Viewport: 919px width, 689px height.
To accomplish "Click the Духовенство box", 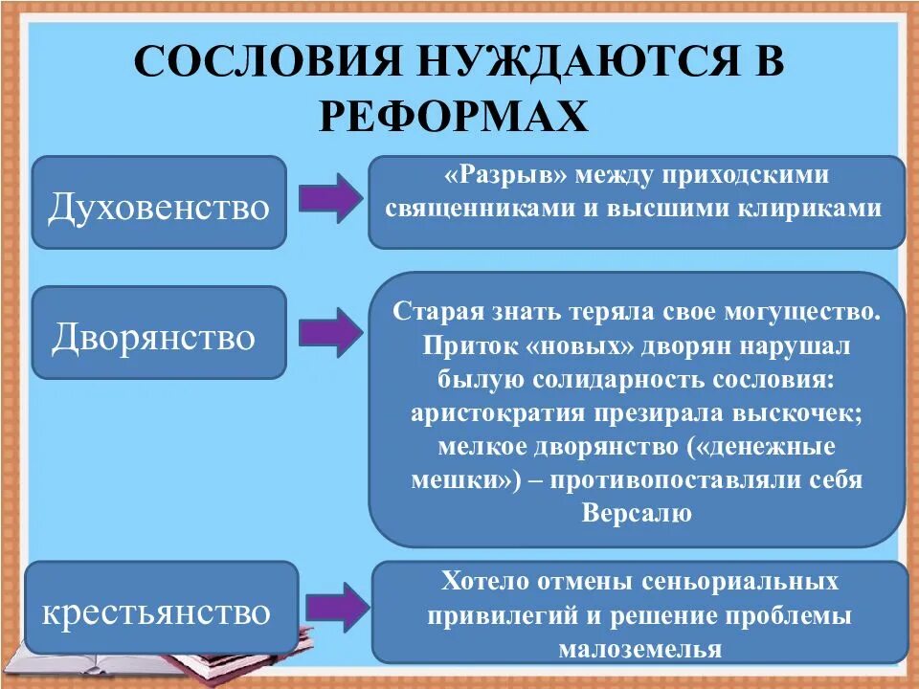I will [159, 203].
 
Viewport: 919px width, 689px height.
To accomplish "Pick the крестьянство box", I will [161, 610].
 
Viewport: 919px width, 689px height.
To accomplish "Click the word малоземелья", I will [639, 649].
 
